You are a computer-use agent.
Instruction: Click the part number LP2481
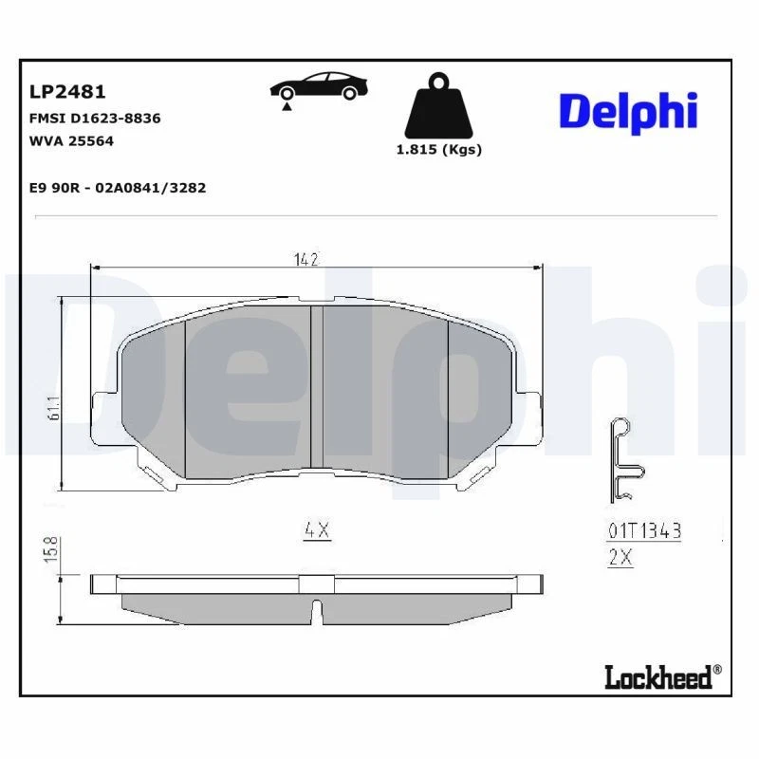click(67, 92)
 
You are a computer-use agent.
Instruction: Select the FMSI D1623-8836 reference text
click(95, 119)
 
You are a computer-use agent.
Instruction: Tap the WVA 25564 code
click(72, 140)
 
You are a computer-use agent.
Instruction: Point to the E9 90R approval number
click(119, 188)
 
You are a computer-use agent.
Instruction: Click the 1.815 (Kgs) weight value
click(438, 150)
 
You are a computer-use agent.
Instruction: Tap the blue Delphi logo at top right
click(628, 112)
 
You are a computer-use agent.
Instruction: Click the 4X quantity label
click(316, 531)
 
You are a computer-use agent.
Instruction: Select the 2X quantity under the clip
click(620, 559)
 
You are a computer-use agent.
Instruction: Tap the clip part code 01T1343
click(644, 531)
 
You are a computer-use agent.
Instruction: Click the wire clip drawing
click(623, 461)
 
